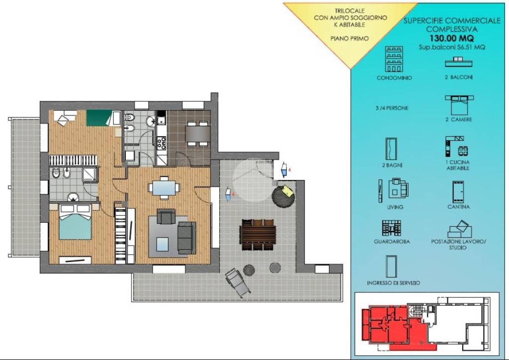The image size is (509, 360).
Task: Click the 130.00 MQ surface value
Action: click(451, 38)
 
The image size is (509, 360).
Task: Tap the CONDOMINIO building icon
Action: click(394, 59)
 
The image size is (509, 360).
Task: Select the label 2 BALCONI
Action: click(458, 77)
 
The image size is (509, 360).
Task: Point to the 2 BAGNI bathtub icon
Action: click(391, 149)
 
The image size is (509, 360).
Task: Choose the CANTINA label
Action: click(458, 207)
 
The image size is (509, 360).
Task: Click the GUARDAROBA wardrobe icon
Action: click(391, 228)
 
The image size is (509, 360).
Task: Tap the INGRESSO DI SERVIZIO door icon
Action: click(391, 266)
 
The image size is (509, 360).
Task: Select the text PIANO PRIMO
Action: click(349, 38)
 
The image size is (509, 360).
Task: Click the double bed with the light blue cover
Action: click(75, 222)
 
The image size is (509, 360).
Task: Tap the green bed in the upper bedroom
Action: click(99, 118)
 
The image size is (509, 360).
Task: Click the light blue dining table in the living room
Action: click(164, 187)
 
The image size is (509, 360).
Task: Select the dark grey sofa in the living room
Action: click(187, 238)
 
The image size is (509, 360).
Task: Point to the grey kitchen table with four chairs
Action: click(198, 133)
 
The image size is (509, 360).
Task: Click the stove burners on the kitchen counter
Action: click(162, 143)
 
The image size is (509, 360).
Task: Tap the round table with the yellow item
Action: click(283, 196)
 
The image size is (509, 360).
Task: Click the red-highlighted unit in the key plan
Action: click(393, 328)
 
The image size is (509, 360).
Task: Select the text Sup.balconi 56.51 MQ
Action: click(451, 47)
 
